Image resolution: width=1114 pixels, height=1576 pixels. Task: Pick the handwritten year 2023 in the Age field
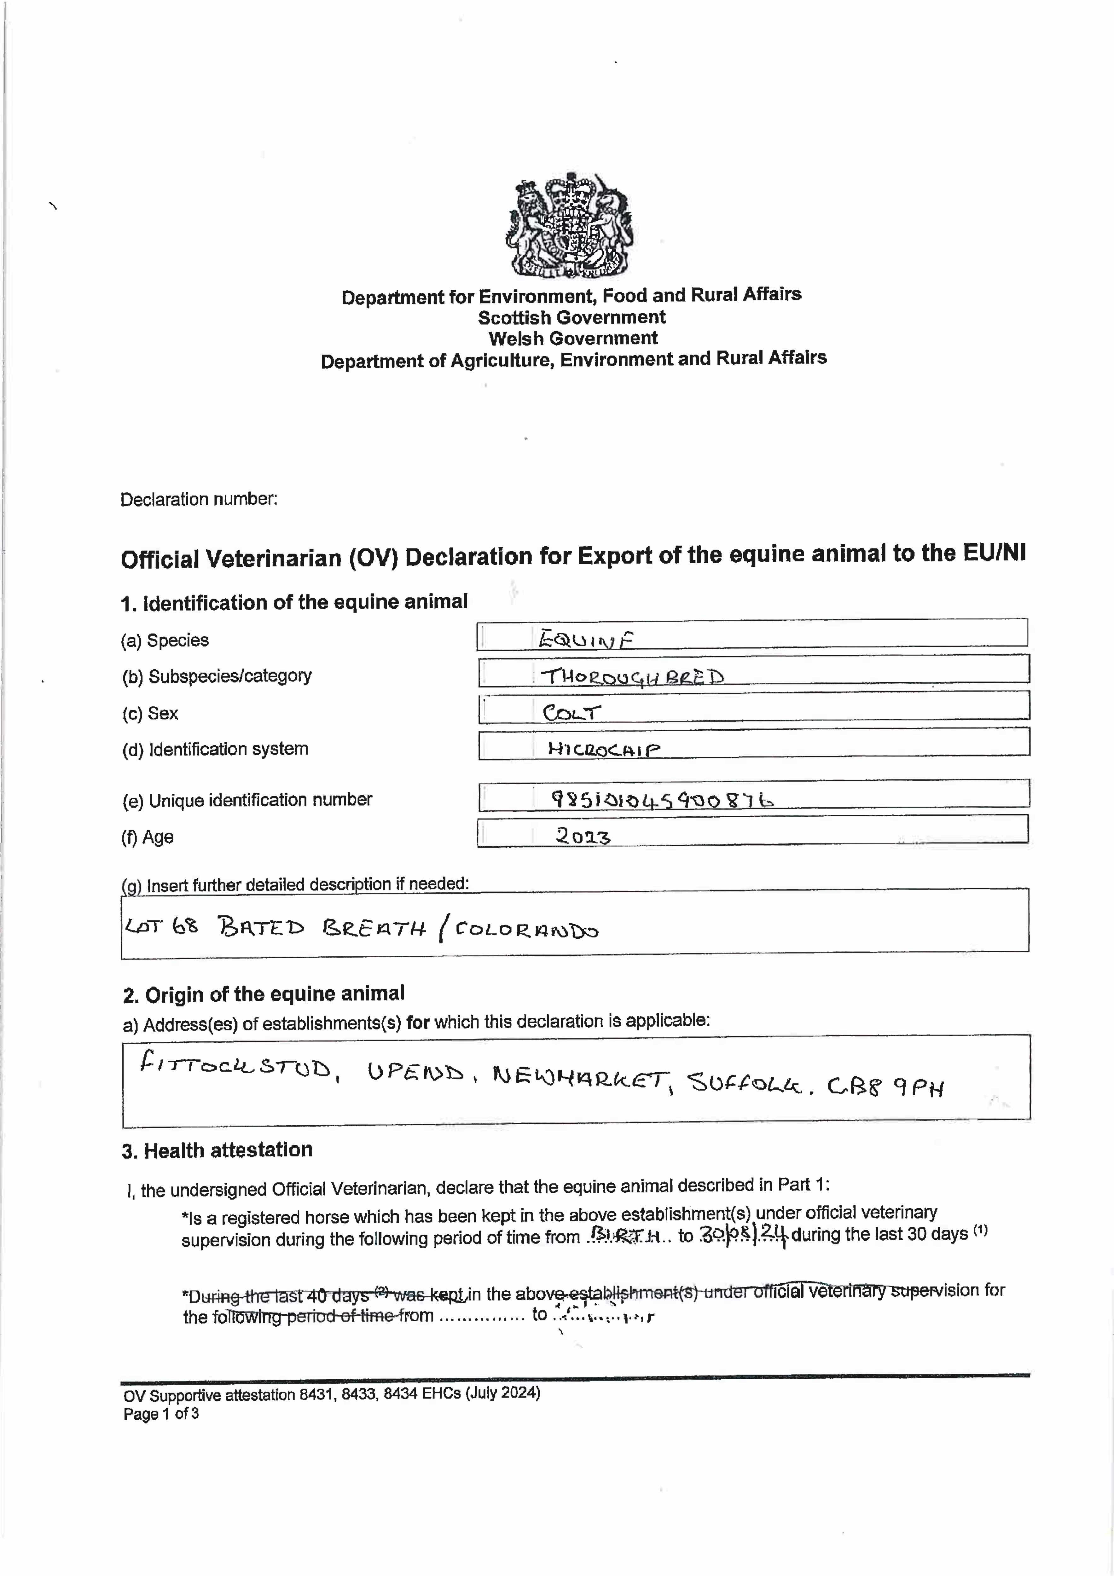(x=583, y=836)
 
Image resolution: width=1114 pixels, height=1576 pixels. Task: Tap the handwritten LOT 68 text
(x=161, y=927)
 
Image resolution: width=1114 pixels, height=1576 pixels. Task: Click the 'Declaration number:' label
(x=199, y=499)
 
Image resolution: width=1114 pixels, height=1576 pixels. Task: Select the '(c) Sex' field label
(x=150, y=713)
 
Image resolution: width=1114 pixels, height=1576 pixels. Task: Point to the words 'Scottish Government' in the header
(x=572, y=317)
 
